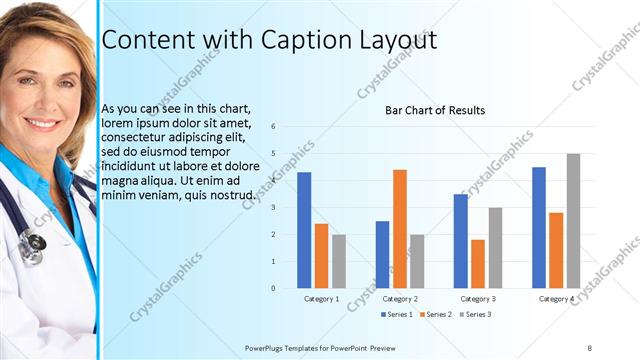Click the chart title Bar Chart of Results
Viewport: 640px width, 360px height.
click(x=435, y=110)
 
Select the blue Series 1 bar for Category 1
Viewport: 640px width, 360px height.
click(x=304, y=230)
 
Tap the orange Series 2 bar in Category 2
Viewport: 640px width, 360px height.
click(x=400, y=229)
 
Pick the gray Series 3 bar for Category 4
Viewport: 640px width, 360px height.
click(x=573, y=221)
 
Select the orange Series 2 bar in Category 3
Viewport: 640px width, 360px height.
click(x=478, y=264)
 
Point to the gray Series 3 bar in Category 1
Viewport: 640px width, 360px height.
click(x=339, y=261)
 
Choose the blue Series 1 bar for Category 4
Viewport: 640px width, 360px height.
click(x=539, y=227)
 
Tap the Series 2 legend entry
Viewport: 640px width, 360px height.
click(x=436, y=315)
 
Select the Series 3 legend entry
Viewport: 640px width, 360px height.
click(x=476, y=315)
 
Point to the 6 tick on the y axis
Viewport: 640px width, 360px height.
click(x=287, y=127)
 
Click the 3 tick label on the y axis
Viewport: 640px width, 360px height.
click(x=287, y=208)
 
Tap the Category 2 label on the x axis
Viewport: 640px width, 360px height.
click(x=400, y=299)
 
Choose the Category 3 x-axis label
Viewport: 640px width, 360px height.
click(x=478, y=299)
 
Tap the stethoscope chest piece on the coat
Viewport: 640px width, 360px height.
click(x=32, y=242)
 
